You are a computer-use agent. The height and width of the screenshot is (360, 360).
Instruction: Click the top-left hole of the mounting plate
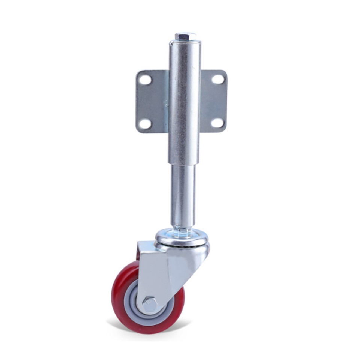pyautogui.click(x=145, y=79)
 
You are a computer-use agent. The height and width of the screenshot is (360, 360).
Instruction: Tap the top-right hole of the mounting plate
pyautogui.click(x=218, y=79)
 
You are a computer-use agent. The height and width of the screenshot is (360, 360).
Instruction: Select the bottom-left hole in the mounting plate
pyautogui.click(x=145, y=123)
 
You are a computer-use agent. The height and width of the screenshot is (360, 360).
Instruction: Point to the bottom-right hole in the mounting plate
pyautogui.click(x=218, y=123)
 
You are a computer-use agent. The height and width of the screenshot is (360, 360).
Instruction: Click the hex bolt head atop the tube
pyautogui.click(x=185, y=37)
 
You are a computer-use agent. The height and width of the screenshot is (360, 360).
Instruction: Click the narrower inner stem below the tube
pyautogui.click(x=183, y=195)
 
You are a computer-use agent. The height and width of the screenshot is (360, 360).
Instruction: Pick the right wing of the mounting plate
pyautogui.click(x=213, y=101)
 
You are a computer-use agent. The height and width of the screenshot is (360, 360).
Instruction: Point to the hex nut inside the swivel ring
pyautogui.click(x=182, y=233)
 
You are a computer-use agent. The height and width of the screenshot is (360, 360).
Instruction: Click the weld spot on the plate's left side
pyautogui.click(x=165, y=102)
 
